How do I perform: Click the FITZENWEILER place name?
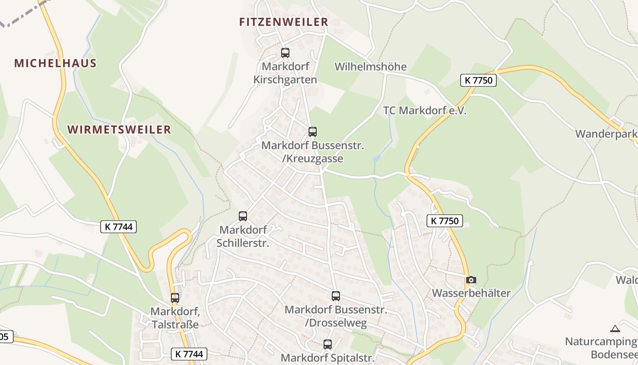click(283, 22)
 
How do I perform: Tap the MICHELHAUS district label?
click(55, 63)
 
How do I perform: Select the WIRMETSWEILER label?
click(119, 130)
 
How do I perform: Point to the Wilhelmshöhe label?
click(370, 67)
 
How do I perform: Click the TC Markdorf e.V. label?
click(425, 110)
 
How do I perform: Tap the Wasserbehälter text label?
click(471, 293)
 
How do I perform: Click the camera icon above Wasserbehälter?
click(471, 280)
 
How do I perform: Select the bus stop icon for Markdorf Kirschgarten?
click(285, 53)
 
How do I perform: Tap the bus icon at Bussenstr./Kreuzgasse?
click(313, 132)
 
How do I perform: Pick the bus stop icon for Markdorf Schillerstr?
click(243, 216)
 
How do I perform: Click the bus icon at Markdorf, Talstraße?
click(175, 298)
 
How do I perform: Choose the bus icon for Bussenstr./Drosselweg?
click(336, 296)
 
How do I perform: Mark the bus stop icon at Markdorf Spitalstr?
click(328, 344)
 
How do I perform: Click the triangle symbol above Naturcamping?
click(615, 328)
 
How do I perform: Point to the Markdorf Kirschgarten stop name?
click(285, 73)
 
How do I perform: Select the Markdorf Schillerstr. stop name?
click(243, 236)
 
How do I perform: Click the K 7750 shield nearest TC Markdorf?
click(478, 80)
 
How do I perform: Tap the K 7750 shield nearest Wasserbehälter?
click(445, 221)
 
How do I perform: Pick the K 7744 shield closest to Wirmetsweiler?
click(118, 226)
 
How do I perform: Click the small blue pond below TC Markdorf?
click(376, 158)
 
